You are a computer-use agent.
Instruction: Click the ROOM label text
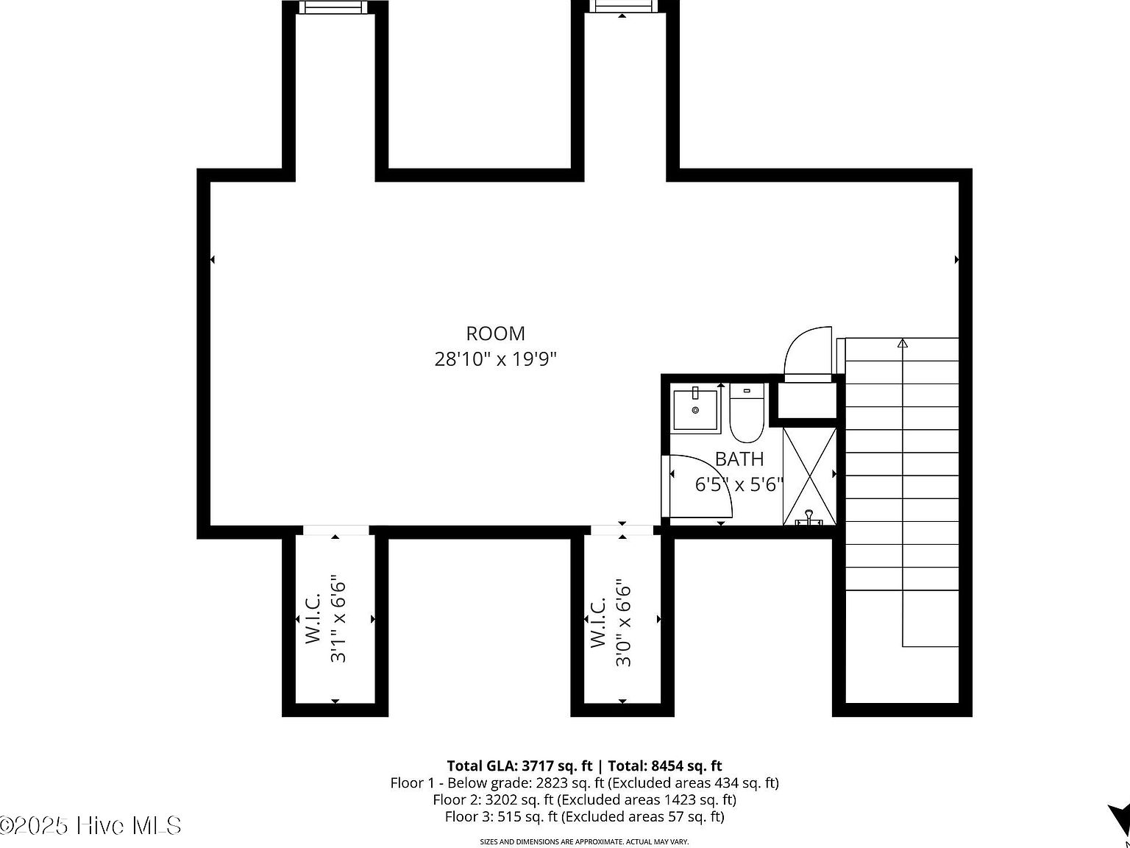pyautogui.click(x=495, y=333)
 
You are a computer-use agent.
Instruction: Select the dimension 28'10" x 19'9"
pyautogui.click(x=495, y=359)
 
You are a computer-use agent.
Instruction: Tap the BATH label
pyautogui.click(x=739, y=459)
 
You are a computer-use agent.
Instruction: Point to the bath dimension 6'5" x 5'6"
pyautogui.click(x=739, y=484)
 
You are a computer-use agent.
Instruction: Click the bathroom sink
pyautogui.click(x=695, y=410)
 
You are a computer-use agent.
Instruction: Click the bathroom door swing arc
pyautogui.click(x=703, y=486)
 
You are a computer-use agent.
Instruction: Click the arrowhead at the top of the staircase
pyautogui.click(x=903, y=343)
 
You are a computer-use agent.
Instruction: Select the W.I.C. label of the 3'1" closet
pyautogui.click(x=313, y=619)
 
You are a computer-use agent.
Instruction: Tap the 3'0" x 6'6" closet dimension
pyautogui.click(x=623, y=623)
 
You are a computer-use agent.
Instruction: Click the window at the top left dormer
pyautogui.click(x=335, y=7)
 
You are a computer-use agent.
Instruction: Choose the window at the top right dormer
pyautogui.click(x=623, y=7)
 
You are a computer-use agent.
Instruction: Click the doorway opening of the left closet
pyautogui.click(x=335, y=530)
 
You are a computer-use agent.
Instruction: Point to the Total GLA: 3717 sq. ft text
pyautogui.click(x=519, y=766)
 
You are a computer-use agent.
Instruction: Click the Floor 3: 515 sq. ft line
pyautogui.click(x=584, y=816)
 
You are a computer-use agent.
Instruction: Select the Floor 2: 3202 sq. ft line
pyautogui.click(x=584, y=799)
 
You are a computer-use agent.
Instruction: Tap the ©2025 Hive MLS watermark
pyautogui.click(x=90, y=826)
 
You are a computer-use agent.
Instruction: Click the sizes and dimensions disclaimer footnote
pyautogui.click(x=584, y=841)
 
